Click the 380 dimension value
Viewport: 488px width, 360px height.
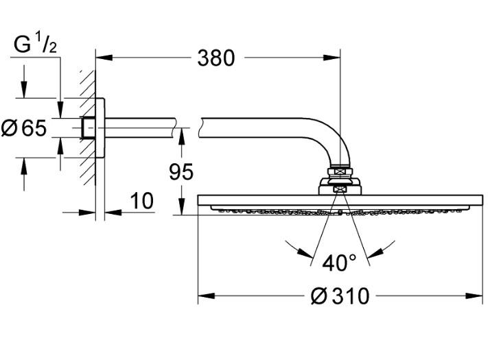coord(216,58)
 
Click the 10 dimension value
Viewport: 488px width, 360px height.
coord(141,202)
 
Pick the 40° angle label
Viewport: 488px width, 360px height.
coord(340,262)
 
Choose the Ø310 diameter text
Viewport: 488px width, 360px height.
coord(340,296)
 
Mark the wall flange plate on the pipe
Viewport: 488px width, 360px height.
coord(100,127)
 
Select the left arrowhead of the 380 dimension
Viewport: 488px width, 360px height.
coord(101,58)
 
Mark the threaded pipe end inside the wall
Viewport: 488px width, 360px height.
coord(87,127)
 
